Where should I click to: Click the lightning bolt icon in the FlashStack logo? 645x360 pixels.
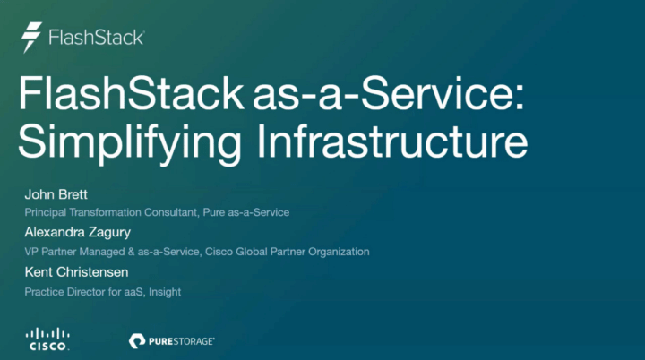click(x=32, y=38)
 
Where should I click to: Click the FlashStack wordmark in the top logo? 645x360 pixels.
click(x=96, y=39)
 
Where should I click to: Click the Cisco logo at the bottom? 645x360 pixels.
click(x=48, y=338)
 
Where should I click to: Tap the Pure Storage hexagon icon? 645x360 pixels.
click(x=137, y=340)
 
